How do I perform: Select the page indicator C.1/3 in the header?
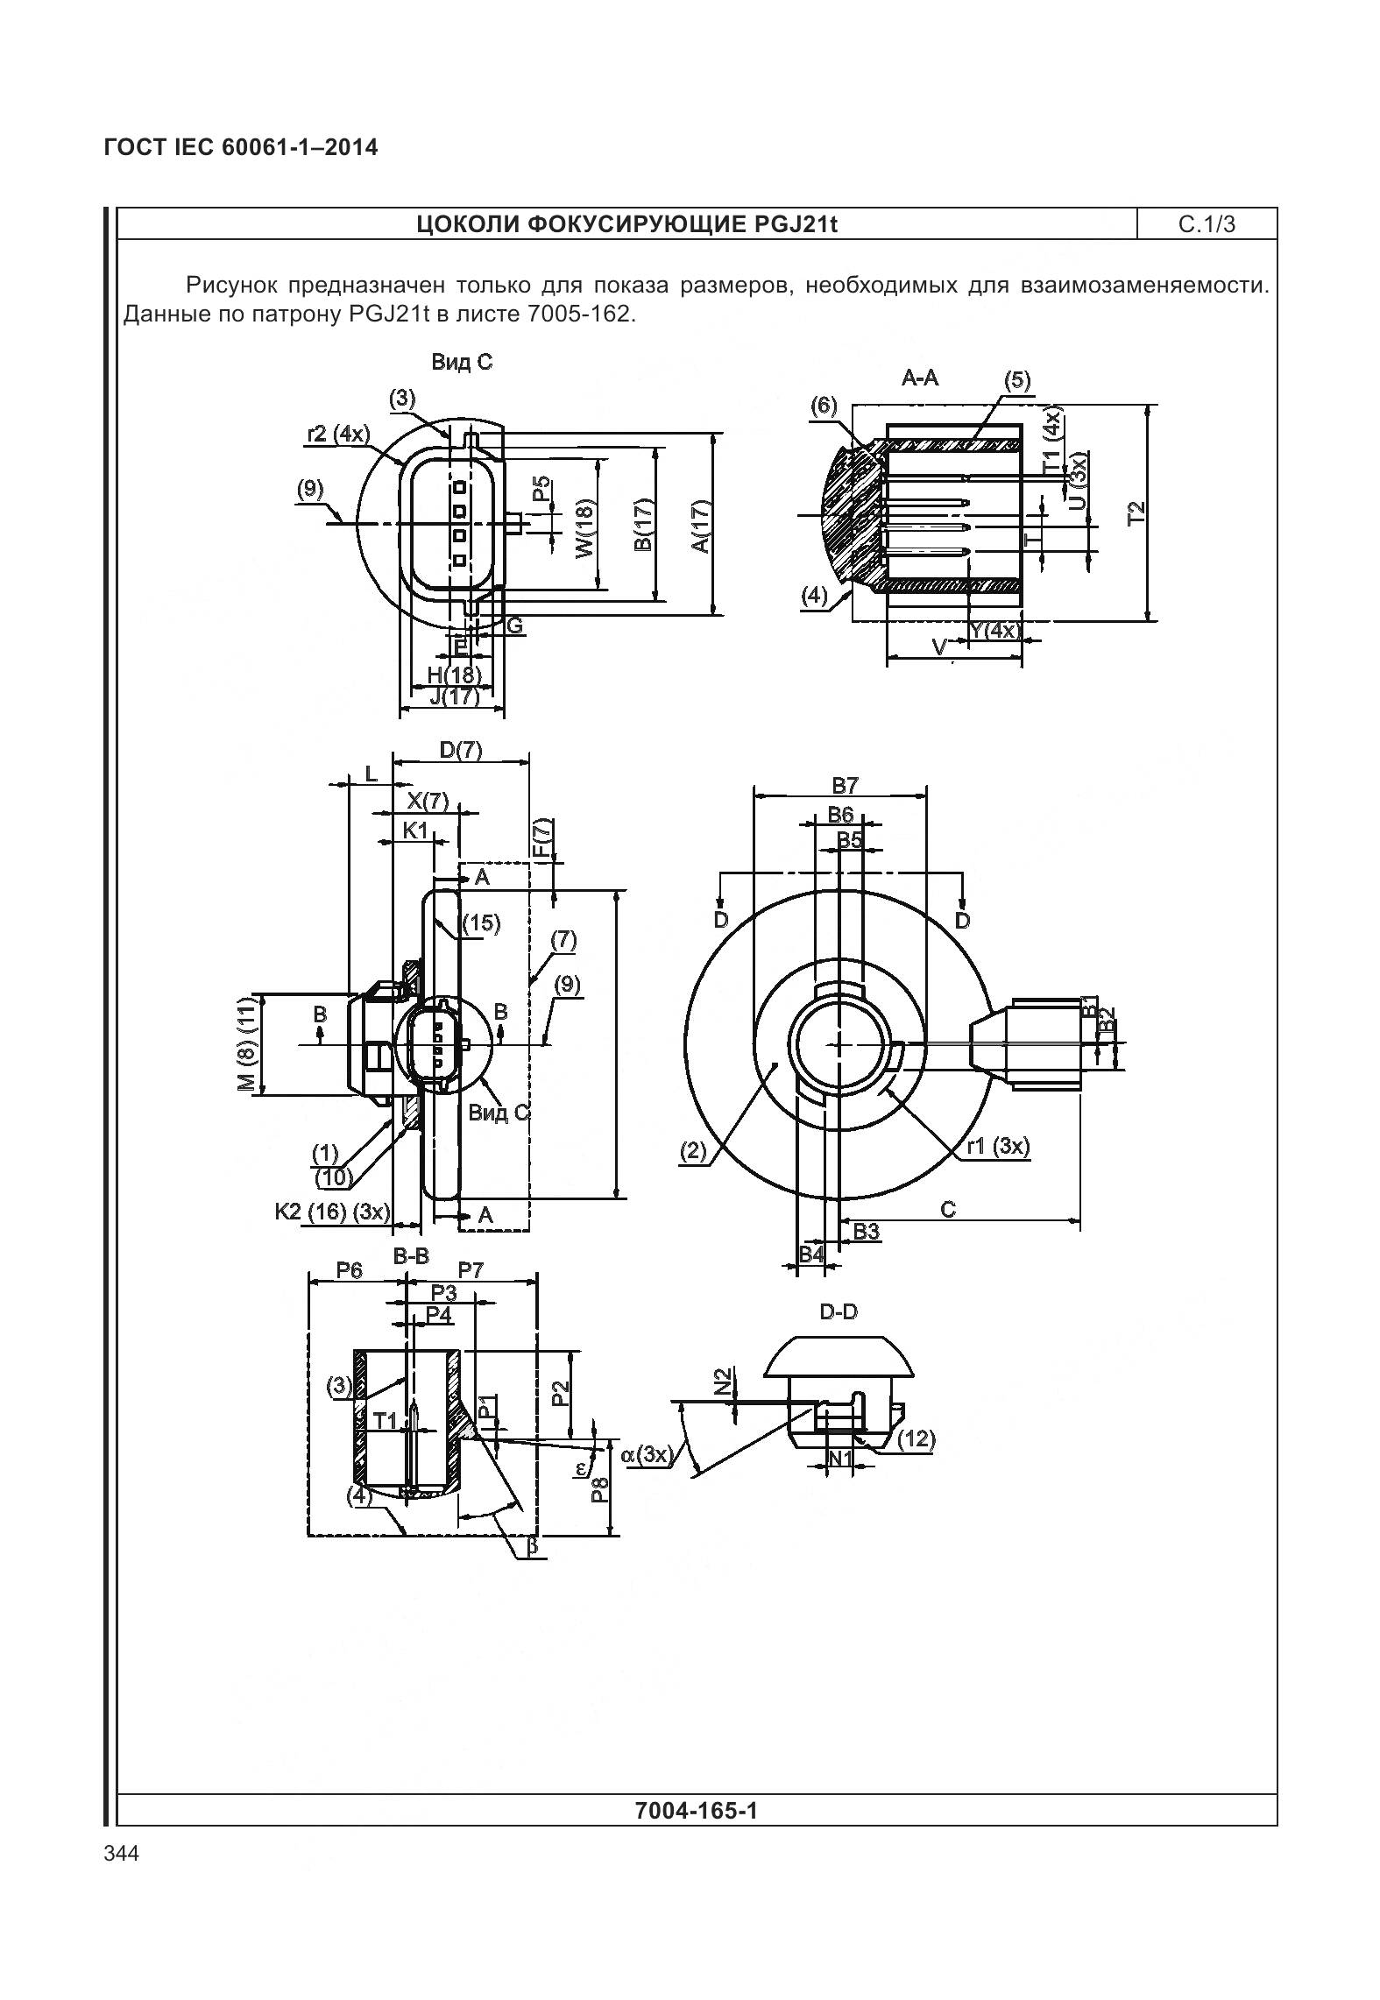tap(1207, 224)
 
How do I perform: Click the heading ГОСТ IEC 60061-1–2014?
tap(241, 147)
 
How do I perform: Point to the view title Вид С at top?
tap(462, 362)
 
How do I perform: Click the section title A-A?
tap(920, 378)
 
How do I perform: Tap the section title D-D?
tap(839, 1311)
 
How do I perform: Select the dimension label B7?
tap(845, 784)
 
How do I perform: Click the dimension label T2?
tap(1136, 513)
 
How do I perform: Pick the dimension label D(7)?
tap(460, 750)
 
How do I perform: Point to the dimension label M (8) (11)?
tap(249, 1044)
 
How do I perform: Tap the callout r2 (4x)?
tap(338, 434)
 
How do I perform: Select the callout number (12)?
tap(916, 1438)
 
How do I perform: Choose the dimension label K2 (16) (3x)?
tap(331, 1212)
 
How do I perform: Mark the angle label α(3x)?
tap(646, 1455)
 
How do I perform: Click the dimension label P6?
tap(349, 1269)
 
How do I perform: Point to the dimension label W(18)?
tap(584, 527)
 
